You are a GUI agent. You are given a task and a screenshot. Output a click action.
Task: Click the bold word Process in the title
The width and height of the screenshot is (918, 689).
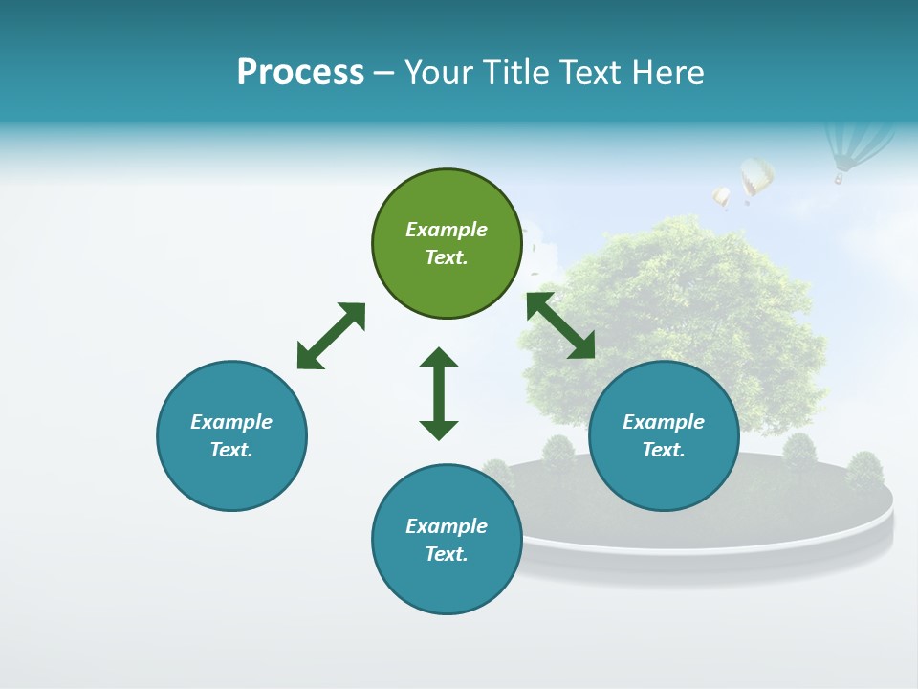(300, 73)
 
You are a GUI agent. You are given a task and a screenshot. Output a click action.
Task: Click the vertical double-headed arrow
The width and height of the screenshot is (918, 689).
(439, 393)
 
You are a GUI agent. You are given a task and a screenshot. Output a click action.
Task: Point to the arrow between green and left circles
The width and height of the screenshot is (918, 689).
(331, 336)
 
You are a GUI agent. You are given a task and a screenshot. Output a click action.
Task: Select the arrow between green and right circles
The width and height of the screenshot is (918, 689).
(560, 325)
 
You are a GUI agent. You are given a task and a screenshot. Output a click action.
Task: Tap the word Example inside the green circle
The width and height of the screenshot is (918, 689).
(447, 230)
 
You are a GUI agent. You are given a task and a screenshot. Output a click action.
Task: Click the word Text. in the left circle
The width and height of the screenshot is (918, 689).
(231, 450)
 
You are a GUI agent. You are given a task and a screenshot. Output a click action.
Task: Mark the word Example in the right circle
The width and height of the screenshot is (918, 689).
(664, 422)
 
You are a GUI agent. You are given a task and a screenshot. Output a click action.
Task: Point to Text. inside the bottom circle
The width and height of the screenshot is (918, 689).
(447, 554)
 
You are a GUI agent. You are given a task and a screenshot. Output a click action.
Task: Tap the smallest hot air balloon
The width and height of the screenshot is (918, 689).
(721, 197)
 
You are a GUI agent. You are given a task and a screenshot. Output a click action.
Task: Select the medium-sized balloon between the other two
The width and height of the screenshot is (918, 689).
(756, 177)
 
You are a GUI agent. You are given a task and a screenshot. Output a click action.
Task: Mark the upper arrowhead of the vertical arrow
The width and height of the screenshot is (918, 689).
(439, 359)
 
